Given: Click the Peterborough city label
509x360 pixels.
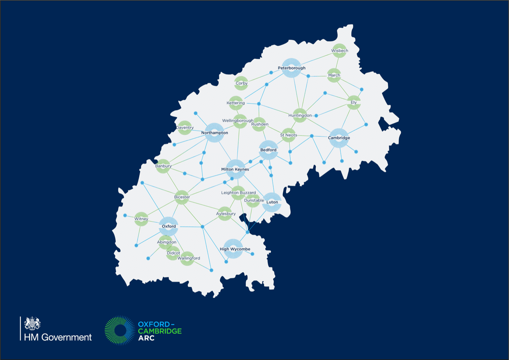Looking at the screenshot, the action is coord(291,68).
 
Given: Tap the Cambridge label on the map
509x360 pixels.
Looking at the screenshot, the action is coord(339,138).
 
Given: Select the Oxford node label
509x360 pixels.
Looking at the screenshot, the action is coord(169,226).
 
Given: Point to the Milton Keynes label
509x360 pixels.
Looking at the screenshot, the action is coord(235,169).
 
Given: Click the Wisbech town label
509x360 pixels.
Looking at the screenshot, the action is coord(340,51).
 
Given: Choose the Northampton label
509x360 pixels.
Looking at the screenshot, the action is coord(215,132).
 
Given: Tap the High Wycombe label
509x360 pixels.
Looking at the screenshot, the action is coord(235,249).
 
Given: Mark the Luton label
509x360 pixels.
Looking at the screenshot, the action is coord(272,202).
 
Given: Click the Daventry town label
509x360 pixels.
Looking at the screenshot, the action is coord(185,128).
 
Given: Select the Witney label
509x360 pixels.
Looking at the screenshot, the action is coord(141,219).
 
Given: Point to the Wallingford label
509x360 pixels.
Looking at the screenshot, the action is coord(189,258).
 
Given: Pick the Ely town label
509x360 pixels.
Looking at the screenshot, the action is coord(354,102).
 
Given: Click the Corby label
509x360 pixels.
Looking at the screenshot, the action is coord(241,84).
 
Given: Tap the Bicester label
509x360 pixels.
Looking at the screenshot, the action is coord(182,197).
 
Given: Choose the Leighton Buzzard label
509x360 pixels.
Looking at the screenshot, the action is coord(239,193).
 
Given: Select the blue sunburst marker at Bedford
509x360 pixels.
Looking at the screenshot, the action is coord(268,150).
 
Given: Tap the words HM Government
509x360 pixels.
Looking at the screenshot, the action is coord(58,337).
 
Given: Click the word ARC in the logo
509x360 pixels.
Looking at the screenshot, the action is coord(146,338).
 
